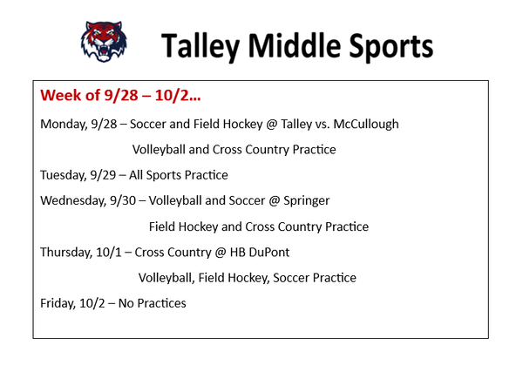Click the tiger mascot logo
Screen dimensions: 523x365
tap(104, 41)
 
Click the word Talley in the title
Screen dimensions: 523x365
tap(200, 46)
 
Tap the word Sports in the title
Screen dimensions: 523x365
tap(391, 46)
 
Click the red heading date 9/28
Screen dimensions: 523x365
tap(121, 95)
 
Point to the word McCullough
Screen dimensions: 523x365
tap(366, 124)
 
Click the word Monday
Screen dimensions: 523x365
tap(63, 125)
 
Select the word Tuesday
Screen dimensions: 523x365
tap(63, 175)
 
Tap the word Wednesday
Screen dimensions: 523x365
tap(72, 200)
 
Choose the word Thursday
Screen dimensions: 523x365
tap(66, 253)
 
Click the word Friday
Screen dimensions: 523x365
tap(58, 303)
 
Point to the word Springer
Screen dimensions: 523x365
tap(306, 201)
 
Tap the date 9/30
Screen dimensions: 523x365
tap(123, 200)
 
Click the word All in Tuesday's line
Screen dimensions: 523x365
tap(136, 175)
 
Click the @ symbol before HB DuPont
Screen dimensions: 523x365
tap(221, 253)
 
